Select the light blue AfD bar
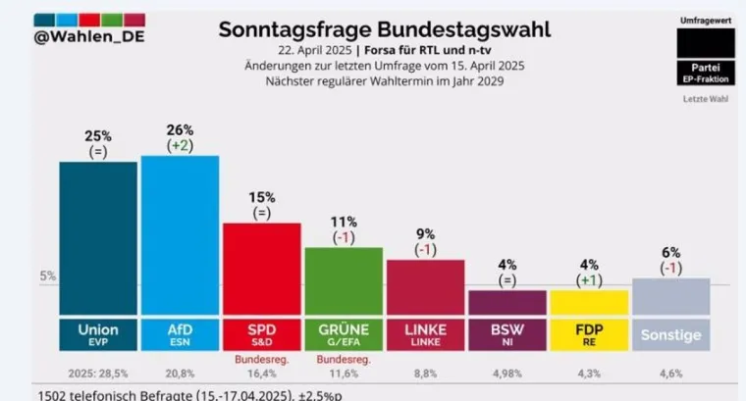[180, 235]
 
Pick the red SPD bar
[262, 269]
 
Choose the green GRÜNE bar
[344, 280]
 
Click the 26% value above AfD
[180, 129]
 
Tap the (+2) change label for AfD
[180, 145]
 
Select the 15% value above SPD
[262, 196]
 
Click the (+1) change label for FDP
[589, 279]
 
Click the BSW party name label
[507, 328]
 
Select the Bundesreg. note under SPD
[262, 360]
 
